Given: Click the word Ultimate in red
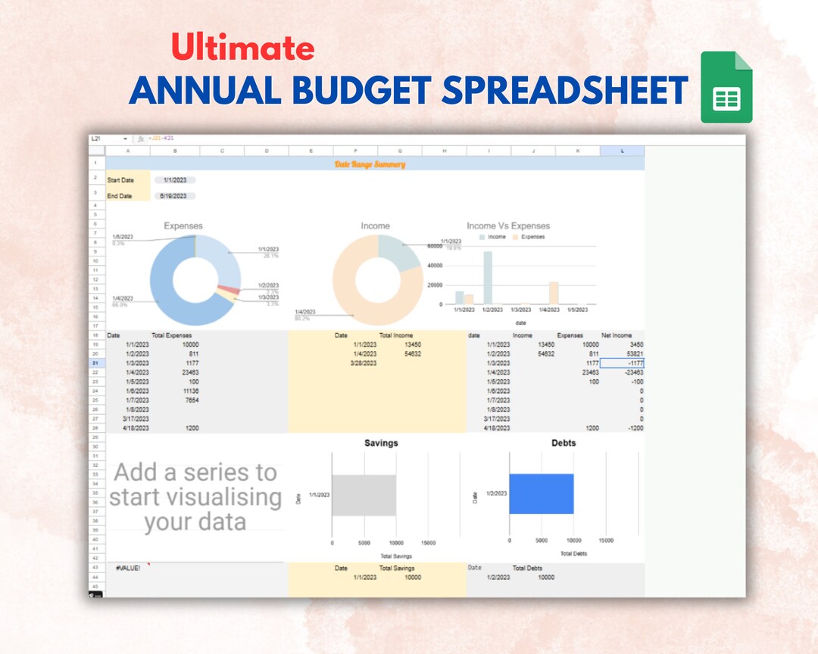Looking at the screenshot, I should pyautogui.click(x=242, y=48).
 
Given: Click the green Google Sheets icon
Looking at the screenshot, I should pyautogui.click(x=726, y=88).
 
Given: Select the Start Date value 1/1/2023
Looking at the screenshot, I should pyautogui.click(x=174, y=180).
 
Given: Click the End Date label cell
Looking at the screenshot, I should pyautogui.click(x=120, y=196).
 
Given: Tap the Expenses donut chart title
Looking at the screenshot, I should pyautogui.click(x=183, y=226).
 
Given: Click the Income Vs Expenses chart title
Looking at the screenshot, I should pyautogui.click(x=508, y=226).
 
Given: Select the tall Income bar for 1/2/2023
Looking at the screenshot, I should pyautogui.click(x=487, y=277).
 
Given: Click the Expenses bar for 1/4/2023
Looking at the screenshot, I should pyautogui.click(x=554, y=293).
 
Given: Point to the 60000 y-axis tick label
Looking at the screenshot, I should pyautogui.click(x=434, y=246).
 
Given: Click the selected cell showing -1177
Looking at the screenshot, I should pyautogui.click(x=623, y=363).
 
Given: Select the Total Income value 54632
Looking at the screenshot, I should pyautogui.click(x=414, y=353).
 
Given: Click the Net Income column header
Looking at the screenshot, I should pyautogui.click(x=617, y=335).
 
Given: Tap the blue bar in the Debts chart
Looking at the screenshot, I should pyautogui.click(x=541, y=494).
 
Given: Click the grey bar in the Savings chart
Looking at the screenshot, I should pyautogui.click(x=364, y=495).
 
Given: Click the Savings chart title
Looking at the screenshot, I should pyautogui.click(x=381, y=444).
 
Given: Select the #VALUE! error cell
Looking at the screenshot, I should pyautogui.click(x=128, y=568).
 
